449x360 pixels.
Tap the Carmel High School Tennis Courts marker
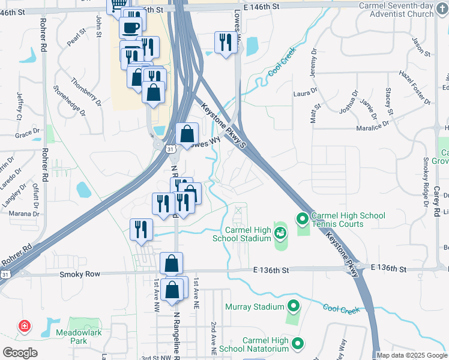(303, 219)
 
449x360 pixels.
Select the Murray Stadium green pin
(294, 307)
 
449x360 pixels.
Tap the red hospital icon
(25, 326)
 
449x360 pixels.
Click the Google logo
(20, 353)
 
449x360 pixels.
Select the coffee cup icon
(130, 27)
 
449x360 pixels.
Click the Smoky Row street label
(78, 274)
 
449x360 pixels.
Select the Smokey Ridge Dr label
(426, 173)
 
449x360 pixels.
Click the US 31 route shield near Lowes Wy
(170, 149)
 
